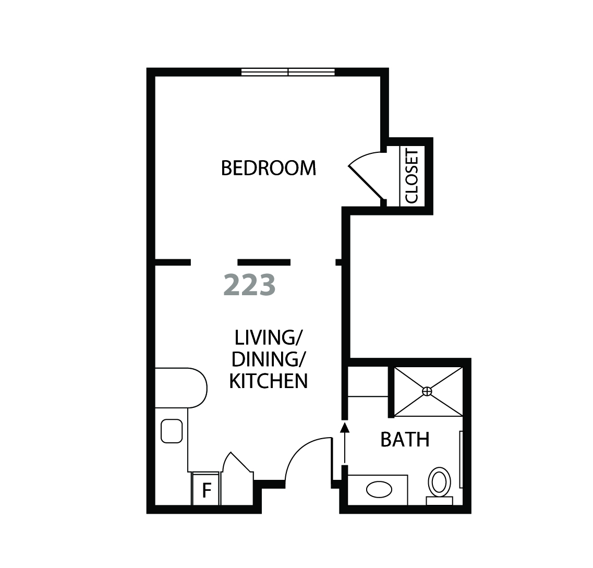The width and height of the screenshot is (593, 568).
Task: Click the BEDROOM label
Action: coord(269,168)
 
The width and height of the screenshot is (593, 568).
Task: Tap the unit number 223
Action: coord(250,285)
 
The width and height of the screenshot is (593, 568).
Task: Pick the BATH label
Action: coord(405,439)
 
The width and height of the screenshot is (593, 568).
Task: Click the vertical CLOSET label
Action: coord(412,175)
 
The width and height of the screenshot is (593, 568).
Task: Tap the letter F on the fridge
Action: coord(207,490)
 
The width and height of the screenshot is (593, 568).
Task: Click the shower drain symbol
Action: coord(427,391)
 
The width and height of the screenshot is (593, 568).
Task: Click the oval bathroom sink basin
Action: coord(379,489)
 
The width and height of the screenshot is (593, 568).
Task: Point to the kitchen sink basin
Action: coord(172,431)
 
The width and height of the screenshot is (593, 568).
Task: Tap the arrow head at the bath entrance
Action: coord(345,427)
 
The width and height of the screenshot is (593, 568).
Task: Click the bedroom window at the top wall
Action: coord(288,72)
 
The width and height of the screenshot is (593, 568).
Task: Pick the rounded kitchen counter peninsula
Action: coord(181,388)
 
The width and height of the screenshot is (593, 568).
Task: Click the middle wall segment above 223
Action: coord(264,262)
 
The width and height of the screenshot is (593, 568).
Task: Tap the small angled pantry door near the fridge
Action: coord(237,462)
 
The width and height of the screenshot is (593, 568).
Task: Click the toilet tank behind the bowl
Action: coord(440,501)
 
